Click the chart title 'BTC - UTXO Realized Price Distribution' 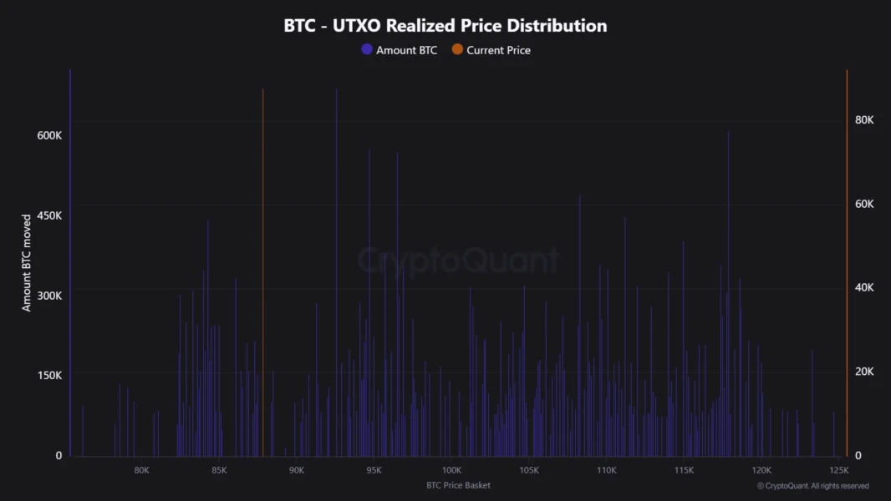click(445, 25)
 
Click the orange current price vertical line click(263, 250)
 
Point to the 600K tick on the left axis click(48, 135)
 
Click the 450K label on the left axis click(48, 215)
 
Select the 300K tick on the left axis click(48, 296)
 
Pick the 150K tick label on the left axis click(48, 375)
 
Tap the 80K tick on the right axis click(864, 120)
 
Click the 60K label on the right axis click(864, 205)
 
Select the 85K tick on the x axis click(219, 470)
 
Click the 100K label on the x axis click(451, 470)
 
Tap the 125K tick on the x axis click(839, 470)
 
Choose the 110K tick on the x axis click(606, 470)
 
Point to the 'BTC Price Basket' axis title click(458, 485)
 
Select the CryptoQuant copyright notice click(812, 486)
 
